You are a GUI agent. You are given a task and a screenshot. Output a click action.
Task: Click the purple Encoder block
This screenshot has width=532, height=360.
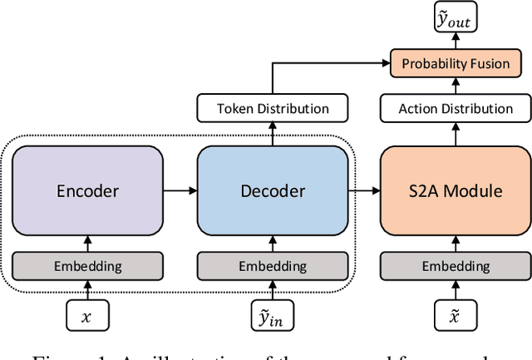click(x=87, y=190)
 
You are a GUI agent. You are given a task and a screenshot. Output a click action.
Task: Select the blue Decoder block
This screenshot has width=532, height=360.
click(x=272, y=190)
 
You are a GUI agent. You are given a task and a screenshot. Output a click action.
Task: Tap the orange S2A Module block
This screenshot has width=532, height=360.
click(x=455, y=190)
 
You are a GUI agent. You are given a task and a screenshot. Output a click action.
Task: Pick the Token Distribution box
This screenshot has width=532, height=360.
click(x=272, y=108)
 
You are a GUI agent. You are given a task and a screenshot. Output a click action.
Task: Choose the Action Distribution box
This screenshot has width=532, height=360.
click(x=455, y=108)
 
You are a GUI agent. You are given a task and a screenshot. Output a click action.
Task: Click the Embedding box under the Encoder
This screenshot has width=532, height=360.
click(x=87, y=266)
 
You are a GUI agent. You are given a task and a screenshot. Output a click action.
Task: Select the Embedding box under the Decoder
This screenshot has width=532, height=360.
click(x=272, y=266)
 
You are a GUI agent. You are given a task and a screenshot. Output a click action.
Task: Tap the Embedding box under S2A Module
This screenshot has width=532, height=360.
click(x=455, y=266)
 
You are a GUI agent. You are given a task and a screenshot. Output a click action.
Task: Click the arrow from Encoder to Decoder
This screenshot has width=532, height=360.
click(x=180, y=190)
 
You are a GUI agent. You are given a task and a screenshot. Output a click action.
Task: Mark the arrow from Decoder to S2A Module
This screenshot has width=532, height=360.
click(x=364, y=190)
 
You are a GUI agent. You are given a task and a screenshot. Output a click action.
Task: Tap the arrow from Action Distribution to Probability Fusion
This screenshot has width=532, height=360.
click(x=455, y=86)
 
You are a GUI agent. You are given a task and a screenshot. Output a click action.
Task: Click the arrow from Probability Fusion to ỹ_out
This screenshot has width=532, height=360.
click(x=455, y=42)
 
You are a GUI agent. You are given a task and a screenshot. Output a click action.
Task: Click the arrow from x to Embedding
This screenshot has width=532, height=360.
click(x=87, y=291)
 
